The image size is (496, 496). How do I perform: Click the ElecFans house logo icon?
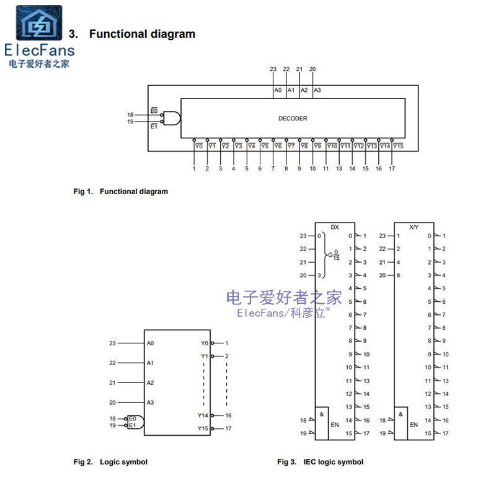[38, 24]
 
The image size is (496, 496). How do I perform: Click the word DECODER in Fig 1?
[293, 118]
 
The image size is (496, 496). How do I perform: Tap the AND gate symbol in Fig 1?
[172, 118]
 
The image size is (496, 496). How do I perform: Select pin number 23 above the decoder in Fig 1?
[273, 69]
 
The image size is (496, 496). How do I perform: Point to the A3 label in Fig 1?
[317, 91]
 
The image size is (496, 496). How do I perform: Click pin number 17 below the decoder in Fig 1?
[392, 169]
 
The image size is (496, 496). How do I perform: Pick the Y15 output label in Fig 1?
[398, 146]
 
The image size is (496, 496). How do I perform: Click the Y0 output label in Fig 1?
[198, 146]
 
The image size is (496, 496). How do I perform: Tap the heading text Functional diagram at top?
[142, 34]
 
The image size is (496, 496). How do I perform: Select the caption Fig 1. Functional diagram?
[121, 192]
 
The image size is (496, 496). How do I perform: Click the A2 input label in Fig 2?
[151, 383]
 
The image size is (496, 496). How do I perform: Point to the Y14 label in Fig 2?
[203, 415]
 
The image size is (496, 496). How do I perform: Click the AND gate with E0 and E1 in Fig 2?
[136, 422]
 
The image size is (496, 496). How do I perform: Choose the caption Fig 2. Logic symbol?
[111, 462]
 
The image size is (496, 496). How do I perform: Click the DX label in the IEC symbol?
[335, 227]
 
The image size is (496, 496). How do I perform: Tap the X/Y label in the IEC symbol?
[414, 227]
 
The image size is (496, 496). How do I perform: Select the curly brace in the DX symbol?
[325, 255]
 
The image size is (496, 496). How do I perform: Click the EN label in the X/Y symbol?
[414, 425]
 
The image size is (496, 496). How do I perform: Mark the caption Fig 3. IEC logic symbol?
[321, 462]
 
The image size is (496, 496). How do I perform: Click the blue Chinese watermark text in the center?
[284, 297]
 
